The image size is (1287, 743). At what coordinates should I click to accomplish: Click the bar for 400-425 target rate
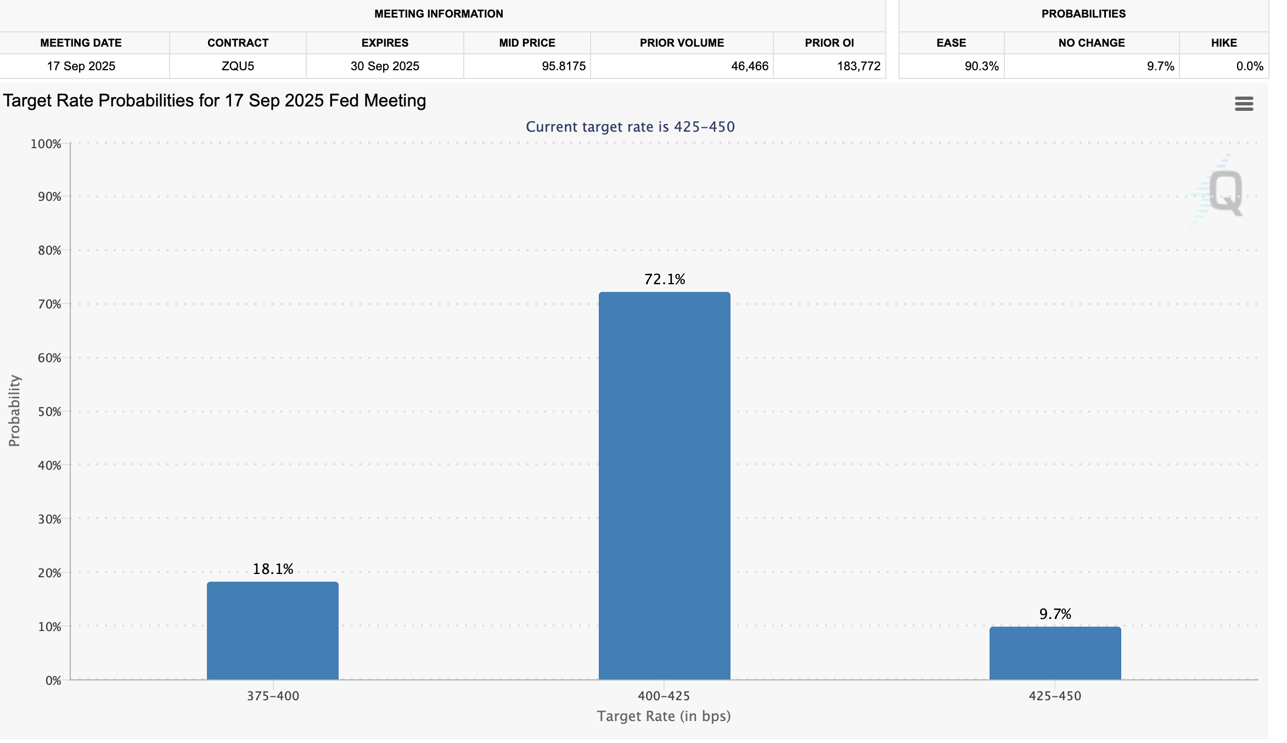[664, 486]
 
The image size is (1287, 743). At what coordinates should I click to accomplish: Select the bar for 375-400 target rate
[273, 631]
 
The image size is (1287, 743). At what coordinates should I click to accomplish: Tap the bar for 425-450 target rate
[1055, 653]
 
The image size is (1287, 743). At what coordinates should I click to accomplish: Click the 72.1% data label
[665, 279]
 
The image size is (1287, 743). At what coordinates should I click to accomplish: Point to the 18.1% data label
[273, 569]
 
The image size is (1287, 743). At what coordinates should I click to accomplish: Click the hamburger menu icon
[1244, 104]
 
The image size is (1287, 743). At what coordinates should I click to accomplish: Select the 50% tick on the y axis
[49, 412]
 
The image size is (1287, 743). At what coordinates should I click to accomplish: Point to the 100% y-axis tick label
[46, 144]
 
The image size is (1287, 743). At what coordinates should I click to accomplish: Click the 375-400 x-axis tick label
[273, 696]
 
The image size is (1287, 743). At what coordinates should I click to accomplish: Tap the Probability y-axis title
[14, 410]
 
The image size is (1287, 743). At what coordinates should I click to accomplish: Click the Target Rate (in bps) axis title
[664, 716]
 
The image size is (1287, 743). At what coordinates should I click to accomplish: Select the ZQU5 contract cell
[238, 66]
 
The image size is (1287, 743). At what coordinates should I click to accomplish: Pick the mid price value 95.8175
[564, 66]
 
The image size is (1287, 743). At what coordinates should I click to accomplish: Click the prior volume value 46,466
[750, 66]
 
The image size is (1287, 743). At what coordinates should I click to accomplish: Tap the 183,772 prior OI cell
[858, 66]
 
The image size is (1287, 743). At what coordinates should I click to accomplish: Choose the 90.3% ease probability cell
[981, 66]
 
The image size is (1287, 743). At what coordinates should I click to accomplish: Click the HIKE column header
[1224, 43]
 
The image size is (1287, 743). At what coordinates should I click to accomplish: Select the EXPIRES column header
[385, 43]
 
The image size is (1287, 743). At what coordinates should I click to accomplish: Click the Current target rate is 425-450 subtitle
[630, 127]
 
